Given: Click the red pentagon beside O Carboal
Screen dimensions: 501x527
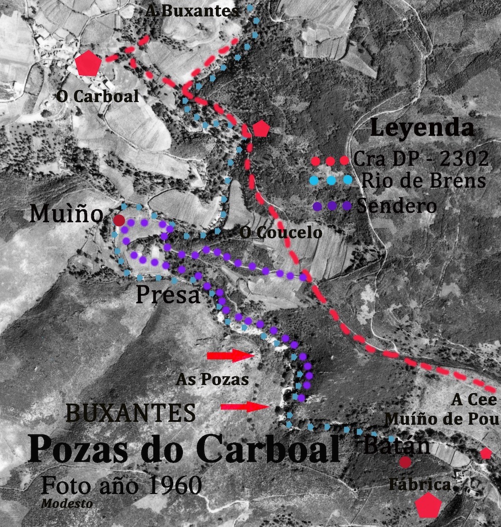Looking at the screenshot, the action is [89, 64].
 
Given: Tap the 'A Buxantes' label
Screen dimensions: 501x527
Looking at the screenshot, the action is [192, 11].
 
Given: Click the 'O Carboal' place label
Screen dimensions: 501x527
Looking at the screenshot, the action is [97, 97].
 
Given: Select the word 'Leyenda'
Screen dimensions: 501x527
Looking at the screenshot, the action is [422, 129].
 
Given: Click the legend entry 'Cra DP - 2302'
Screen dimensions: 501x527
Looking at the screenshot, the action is [420, 160].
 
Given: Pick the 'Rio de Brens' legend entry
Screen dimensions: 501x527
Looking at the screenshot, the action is [423, 180].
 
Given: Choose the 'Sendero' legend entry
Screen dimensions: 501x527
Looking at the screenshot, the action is [396, 206].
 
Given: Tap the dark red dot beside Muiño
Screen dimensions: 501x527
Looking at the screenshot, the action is [119, 220].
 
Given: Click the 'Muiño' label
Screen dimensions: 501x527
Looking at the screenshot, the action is [66, 214].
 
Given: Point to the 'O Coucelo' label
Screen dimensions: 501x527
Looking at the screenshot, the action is [280, 233].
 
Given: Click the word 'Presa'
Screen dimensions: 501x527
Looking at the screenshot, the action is [168, 295].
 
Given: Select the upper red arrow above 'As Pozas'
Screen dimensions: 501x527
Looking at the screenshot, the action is [232, 355].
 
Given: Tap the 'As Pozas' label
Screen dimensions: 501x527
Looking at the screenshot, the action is [212, 379].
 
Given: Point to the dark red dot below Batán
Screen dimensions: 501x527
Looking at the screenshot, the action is [405, 462].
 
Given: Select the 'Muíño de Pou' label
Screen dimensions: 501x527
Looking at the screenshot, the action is [441, 419].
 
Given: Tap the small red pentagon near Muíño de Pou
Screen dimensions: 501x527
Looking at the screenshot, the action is [485, 453].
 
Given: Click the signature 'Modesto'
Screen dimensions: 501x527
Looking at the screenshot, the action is [67, 503].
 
